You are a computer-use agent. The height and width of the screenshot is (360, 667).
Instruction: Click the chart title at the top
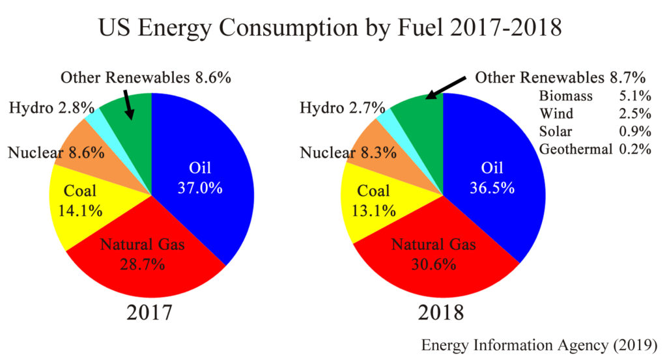tap(330, 29)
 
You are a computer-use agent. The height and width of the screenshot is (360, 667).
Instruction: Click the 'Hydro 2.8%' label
tap(52, 107)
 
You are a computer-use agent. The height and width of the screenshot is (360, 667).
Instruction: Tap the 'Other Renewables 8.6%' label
tap(146, 78)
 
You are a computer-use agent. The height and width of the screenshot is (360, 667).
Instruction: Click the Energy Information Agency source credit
tap(539, 344)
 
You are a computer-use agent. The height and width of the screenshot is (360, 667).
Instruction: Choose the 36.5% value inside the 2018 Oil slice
tap(492, 187)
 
